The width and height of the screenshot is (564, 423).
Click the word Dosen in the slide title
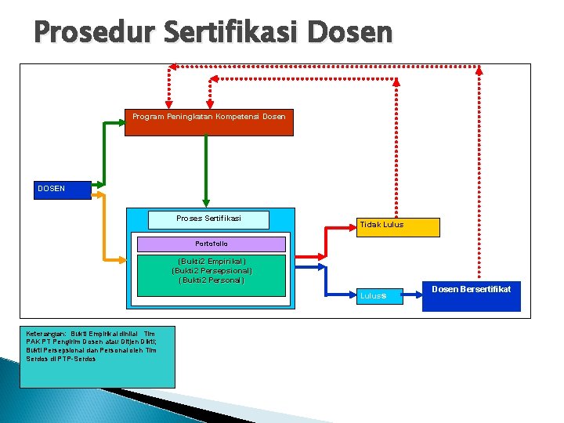coord(350,32)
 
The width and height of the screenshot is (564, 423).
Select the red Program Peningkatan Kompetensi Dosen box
coord(208,122)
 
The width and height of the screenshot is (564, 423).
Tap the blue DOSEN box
coord(63,189)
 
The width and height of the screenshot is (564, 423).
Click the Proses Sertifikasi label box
coord(208,219)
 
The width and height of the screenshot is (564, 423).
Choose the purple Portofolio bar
coord(211,244)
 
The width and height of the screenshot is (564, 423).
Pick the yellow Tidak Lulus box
coord(397,227)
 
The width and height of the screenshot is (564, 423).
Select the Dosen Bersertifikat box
coord(471,297)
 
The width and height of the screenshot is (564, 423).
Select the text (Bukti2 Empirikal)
coord(211,262)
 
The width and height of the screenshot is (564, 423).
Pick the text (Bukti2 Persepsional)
coord(211,271)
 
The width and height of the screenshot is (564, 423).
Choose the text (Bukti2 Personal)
coord(211,280)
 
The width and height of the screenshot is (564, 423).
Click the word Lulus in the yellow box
coord(393,225)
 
